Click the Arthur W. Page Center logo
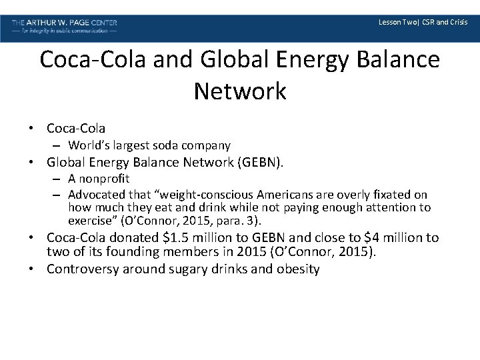coord(65,26)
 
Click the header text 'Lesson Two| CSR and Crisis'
coord(423,22)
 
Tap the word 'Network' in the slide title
coord(240,91)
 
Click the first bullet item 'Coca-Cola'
coord(76,127)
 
